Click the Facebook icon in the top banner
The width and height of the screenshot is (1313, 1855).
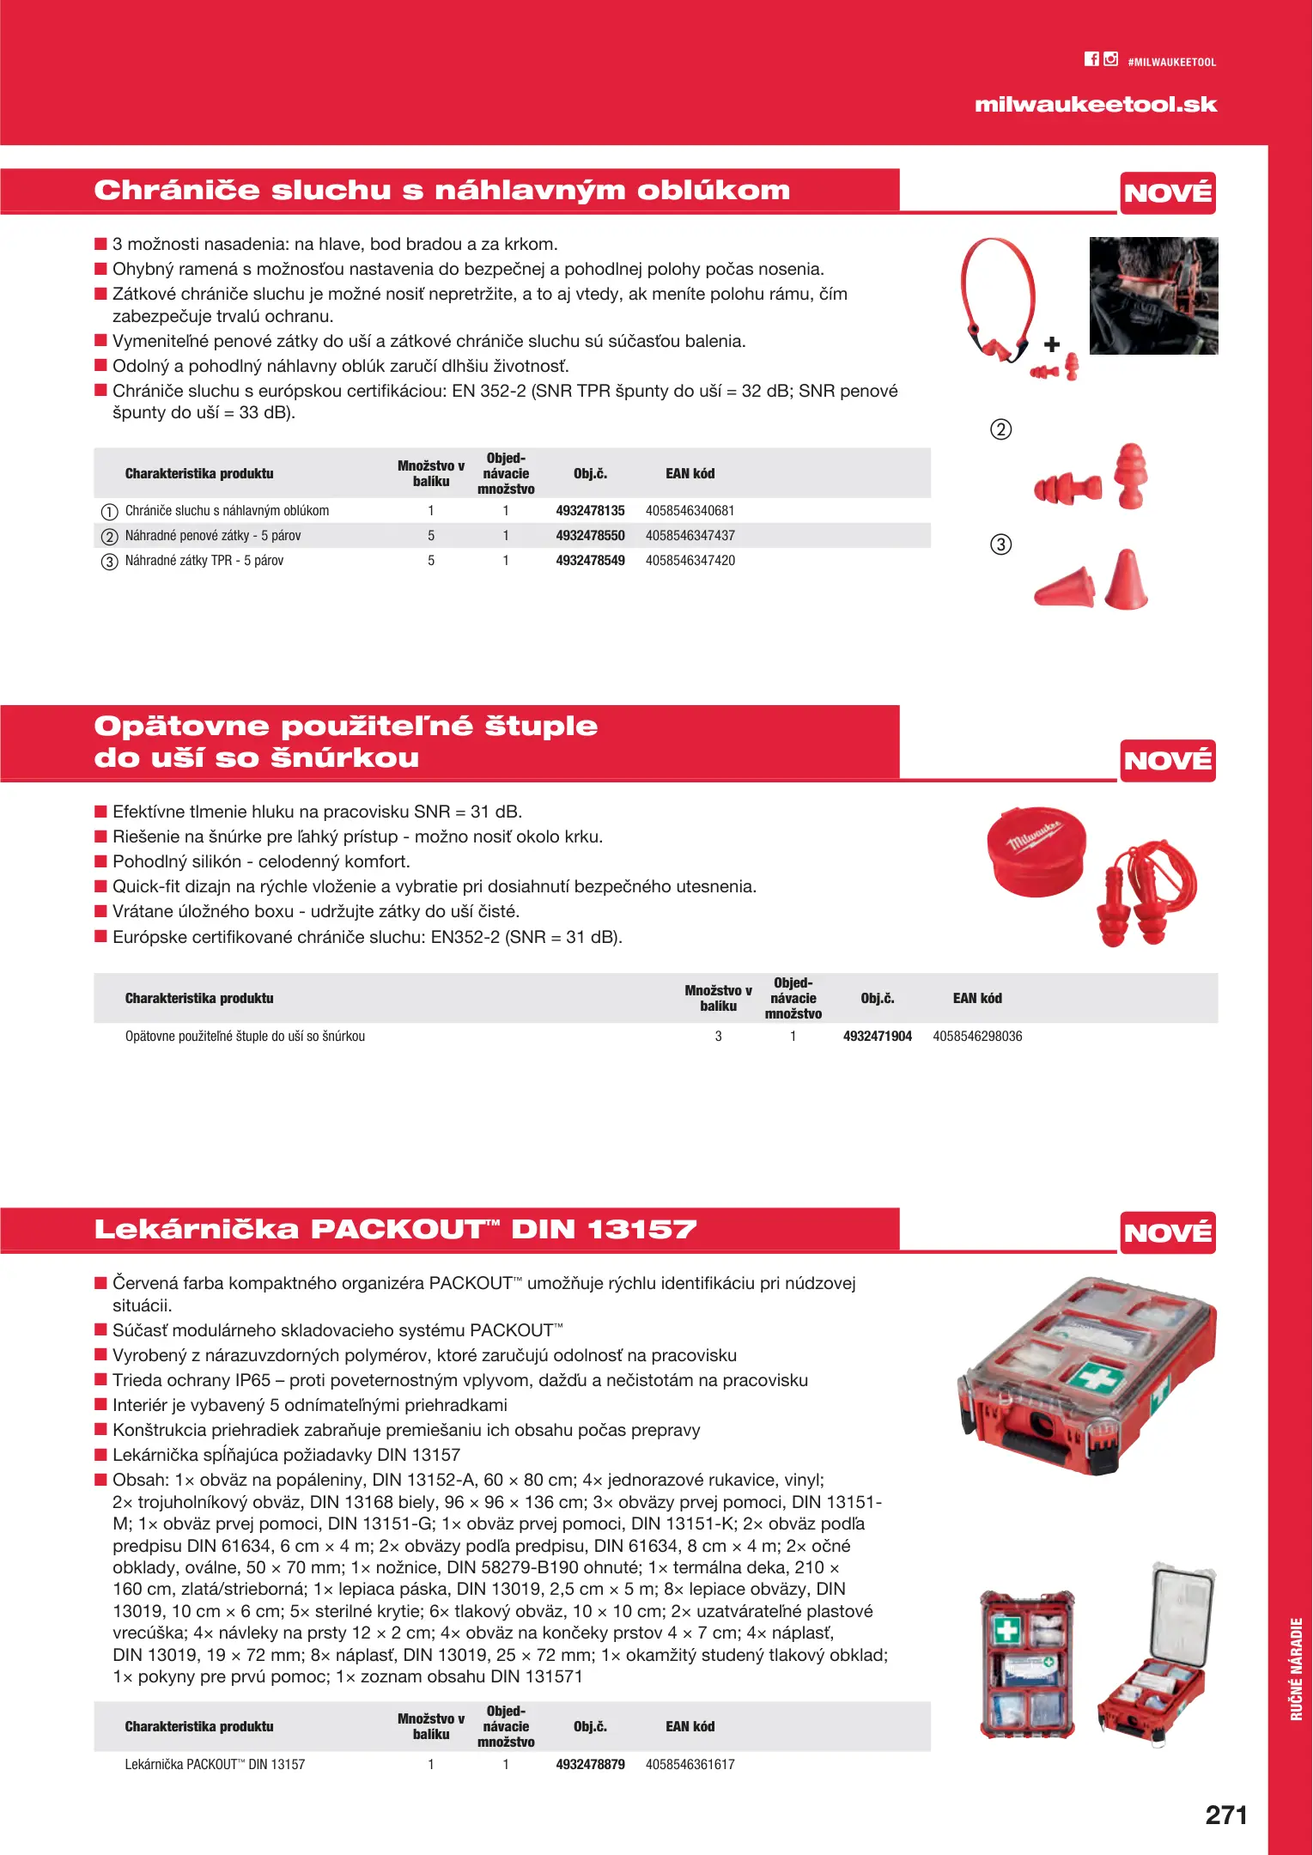click(1091, 59)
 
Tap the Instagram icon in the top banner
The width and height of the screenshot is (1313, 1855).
click(1111, 59)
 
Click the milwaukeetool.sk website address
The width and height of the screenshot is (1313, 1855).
click(1096, 105)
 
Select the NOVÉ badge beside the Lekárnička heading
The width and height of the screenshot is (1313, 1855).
click(1168, 1232)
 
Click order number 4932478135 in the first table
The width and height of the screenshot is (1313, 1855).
click(590, 511)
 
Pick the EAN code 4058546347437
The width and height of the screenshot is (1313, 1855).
click(690, 536)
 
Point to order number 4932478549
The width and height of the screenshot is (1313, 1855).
click(590, 561)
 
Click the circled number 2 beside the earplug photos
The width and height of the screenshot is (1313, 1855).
click(1001, 429)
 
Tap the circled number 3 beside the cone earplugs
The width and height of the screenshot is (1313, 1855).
click(1001, 544)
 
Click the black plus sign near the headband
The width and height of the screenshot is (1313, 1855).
click(1052, 344)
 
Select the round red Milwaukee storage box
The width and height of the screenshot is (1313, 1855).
click(1036, 851)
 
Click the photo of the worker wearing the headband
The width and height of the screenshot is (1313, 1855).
click(1153, 296)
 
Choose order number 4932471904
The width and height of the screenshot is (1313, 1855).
click(877, 1037)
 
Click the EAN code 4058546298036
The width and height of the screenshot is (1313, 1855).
click(977, 1037)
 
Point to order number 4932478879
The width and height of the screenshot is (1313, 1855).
click(590, 1765)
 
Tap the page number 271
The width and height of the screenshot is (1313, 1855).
click(1225, 1815)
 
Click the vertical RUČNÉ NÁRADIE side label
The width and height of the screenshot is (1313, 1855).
click(1297, 1669)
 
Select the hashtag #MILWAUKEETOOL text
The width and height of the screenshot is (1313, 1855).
click(1171, 63)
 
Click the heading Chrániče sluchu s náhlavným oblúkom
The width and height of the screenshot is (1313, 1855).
click(441, 191)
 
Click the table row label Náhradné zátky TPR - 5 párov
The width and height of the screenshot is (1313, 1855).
click(204, 561)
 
